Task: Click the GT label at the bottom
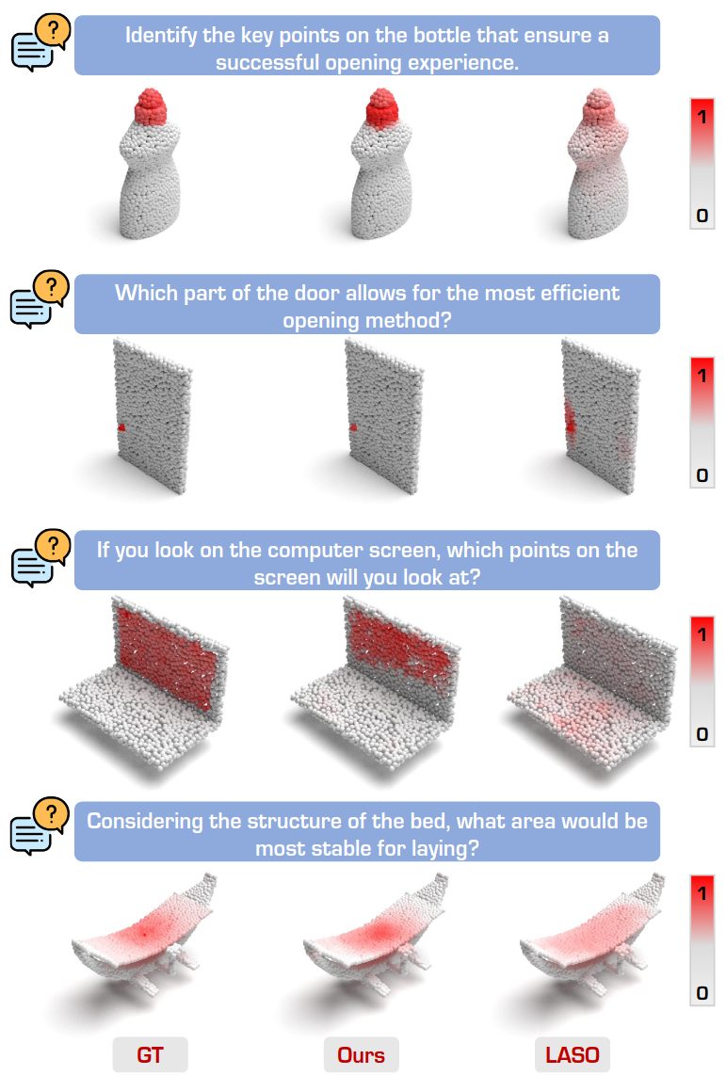150,1054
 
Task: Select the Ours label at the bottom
361,1054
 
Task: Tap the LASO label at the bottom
572,1054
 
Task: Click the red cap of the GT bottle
152,106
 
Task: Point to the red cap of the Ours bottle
382,107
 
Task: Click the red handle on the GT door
121,427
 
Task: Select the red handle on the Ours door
354,427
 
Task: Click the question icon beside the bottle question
41,42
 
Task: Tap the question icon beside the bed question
41,826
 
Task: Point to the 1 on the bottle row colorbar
702,118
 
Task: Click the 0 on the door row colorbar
702,475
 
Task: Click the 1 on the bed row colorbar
702,893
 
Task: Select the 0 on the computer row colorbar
702,734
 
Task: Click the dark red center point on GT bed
145,933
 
